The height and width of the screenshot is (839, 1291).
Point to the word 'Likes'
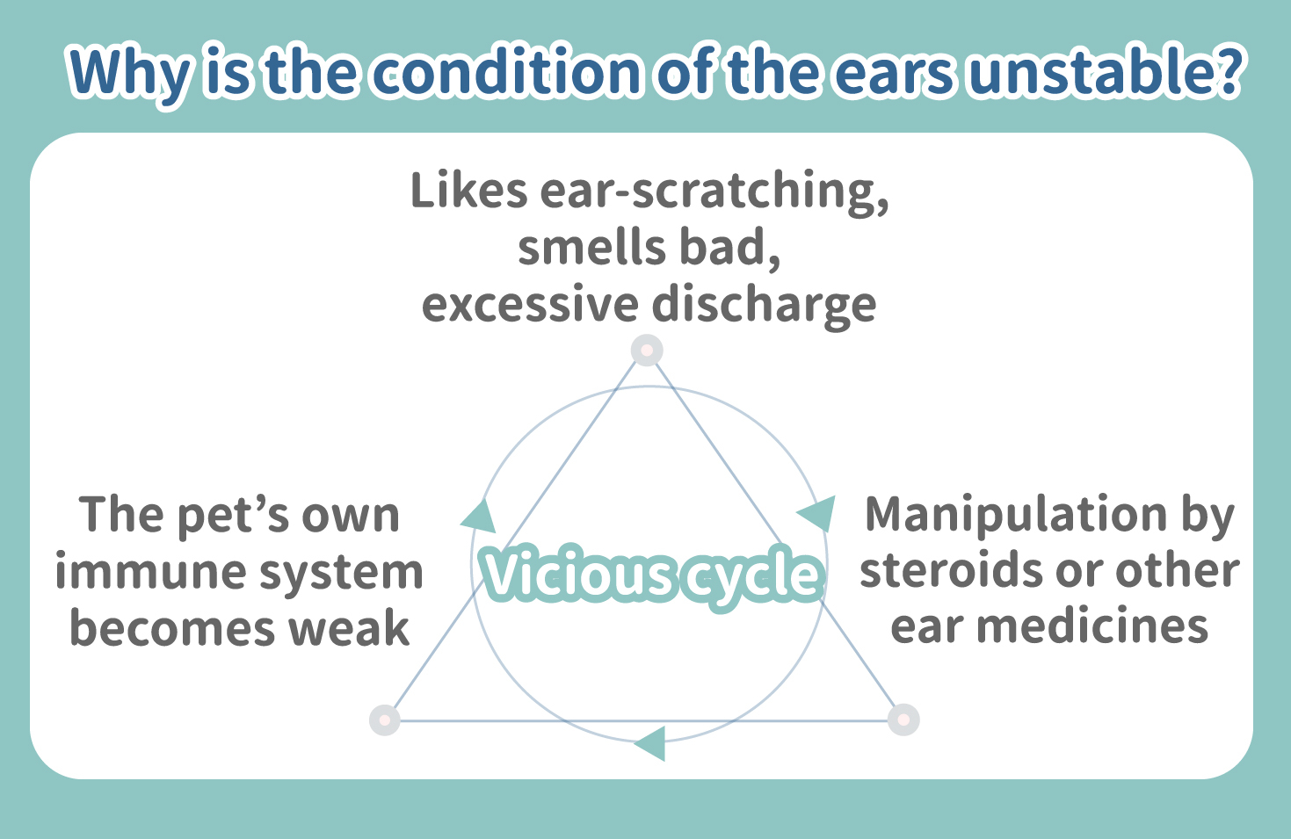pyautogui.click(x=469, y=190)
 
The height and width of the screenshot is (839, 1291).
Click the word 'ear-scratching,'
pyautogui.click(x=714, y=193)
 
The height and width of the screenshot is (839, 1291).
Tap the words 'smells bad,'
pyautogui.click(x=649, y=248)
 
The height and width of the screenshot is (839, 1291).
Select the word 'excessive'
pyautogui.click(x=530, y=305)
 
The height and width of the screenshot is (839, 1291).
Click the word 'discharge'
pyautogui.click(x=765, y=307)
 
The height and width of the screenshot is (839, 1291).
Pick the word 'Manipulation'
pyautogui.click(x=1016, y=516)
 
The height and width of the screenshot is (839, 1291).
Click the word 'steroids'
pyautogui.click(x=952, y=570)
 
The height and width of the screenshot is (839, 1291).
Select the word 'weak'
pyautogui.click(x=349, y=627)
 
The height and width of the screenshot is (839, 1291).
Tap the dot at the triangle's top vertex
pyautogui.click(x=647, y=350)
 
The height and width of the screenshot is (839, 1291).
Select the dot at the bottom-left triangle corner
pyautogui.click(x=384, y=720)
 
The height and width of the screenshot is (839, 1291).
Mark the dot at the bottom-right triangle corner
pyautogui.click(x=903, y=720)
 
